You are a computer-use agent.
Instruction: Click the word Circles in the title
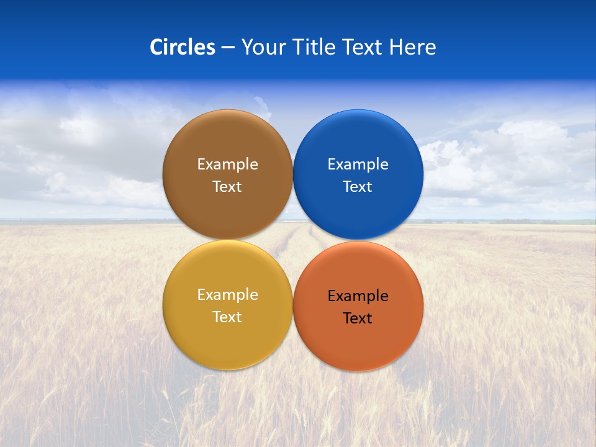[183, 47]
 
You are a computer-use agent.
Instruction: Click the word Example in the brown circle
[227, 165]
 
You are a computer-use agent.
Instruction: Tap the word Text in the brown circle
[227, 186]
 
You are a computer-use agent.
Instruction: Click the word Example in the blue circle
[358, 165]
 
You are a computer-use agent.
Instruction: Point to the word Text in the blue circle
[358, 186]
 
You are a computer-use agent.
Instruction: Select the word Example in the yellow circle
[227, 295]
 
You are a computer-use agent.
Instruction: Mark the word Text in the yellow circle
[227, 317]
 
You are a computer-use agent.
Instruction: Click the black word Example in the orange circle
[358, 296]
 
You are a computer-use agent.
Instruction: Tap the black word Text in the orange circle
[358, 318]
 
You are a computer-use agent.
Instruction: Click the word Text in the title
[363, 47]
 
